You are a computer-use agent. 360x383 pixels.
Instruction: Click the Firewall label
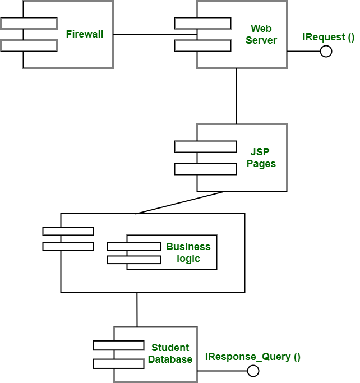(85, 34)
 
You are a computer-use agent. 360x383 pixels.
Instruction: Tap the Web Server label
(261, 34)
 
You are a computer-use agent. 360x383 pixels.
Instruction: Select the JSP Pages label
(261, 157)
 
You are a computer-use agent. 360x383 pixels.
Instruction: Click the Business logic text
(188, 252)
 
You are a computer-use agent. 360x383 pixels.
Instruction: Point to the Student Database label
(170, 354)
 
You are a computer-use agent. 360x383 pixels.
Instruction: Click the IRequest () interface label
(329, 38)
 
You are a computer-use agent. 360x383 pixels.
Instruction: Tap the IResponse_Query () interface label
(253, 357)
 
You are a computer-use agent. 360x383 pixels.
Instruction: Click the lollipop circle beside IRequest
(326, 52)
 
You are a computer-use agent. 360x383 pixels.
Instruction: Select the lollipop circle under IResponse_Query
(253, 371)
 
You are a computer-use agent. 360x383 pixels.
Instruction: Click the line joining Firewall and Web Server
(151, 35)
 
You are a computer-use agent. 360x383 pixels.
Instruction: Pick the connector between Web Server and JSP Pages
(236, 95)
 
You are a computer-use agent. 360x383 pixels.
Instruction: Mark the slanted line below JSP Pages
(179, 202)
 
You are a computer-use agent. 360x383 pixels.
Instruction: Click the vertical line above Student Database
(137, 309)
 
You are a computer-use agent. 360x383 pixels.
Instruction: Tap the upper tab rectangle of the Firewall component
(29, 23)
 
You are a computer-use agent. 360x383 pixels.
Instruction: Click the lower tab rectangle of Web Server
(202, 45)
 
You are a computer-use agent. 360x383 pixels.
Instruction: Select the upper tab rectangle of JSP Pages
(205, 146)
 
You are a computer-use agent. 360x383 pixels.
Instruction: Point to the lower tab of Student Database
(118, 363)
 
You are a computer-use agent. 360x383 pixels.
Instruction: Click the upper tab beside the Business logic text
(133, 246)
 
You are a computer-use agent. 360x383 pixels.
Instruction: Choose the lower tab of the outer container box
(68, 246)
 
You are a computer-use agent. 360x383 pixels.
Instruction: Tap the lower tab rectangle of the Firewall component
(29, 45)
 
